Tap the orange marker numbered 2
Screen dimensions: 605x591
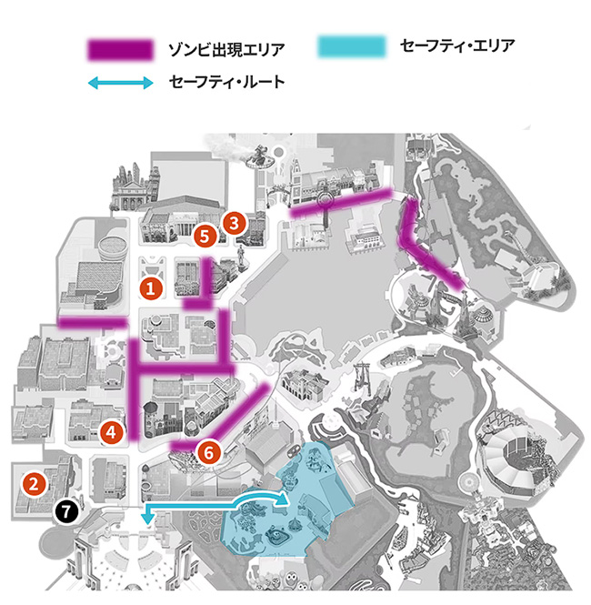34,482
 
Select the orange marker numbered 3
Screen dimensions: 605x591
234,221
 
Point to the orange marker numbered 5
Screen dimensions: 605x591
205,236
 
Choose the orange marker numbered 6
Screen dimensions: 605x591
208,449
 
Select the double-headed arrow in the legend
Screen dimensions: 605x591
120,83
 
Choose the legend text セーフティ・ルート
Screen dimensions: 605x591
226,83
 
